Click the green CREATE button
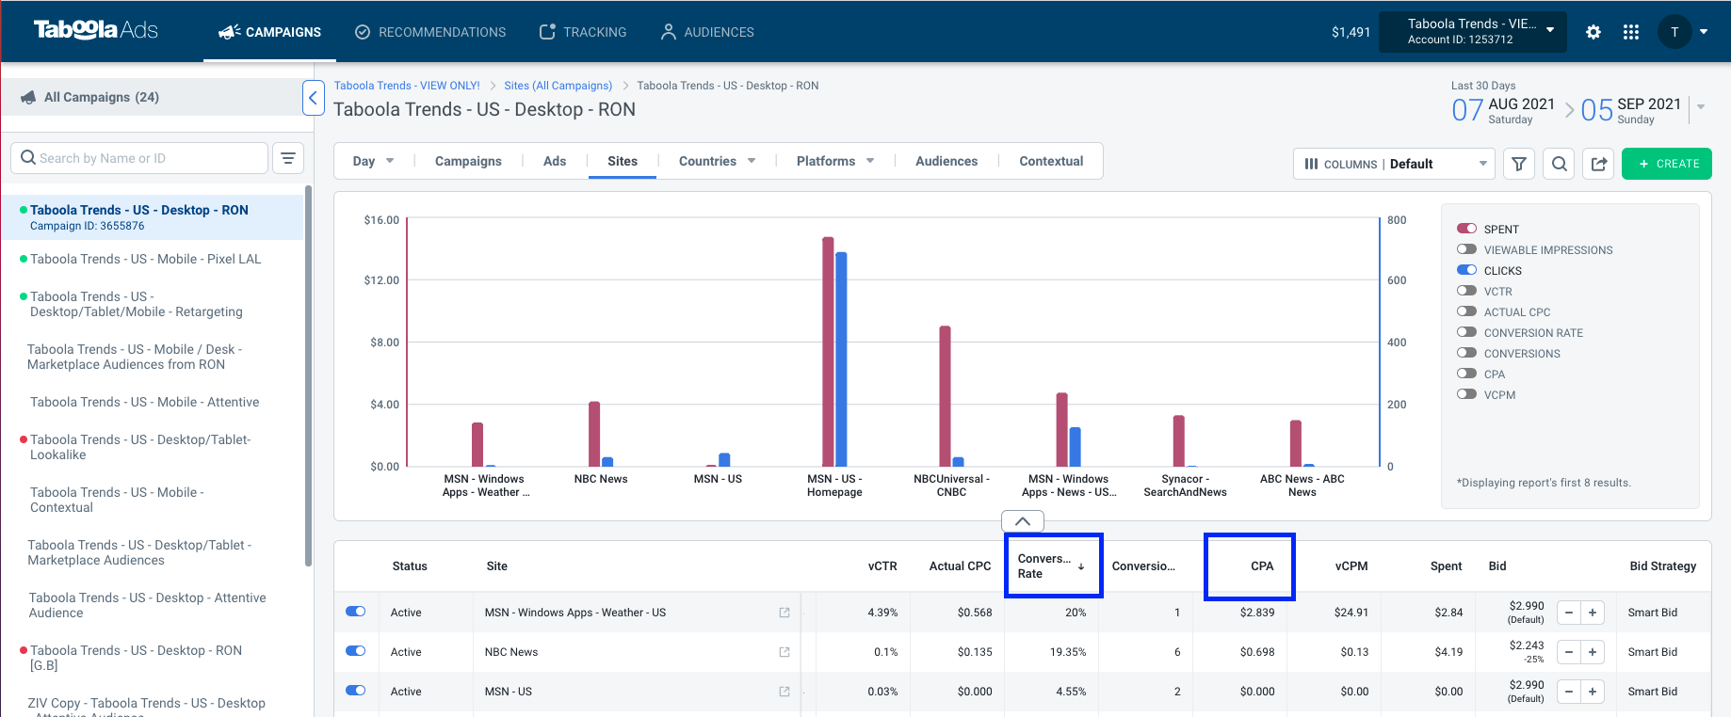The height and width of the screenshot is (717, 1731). point(1666,164)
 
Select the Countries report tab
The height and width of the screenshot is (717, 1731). point(717,161)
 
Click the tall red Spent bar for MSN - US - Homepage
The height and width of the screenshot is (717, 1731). point(828,352)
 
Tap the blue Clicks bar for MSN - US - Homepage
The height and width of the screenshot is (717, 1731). point(841,359)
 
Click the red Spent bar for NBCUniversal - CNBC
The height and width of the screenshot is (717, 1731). point(945,396)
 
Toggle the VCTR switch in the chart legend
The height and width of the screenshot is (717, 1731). point(1466,291)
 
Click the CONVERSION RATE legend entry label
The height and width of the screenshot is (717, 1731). point(1533,333)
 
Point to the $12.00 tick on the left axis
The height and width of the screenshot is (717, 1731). point(381,280)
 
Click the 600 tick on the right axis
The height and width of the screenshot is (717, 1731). point(1397,280)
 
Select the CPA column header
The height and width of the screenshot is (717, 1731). point(1262,566)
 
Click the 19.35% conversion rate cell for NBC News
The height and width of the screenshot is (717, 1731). point(1068,652)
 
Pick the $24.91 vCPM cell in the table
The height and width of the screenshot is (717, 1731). point(1351,613)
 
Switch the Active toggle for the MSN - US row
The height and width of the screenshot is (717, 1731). point(356,691)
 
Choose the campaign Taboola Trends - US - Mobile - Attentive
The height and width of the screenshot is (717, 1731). point(144,402)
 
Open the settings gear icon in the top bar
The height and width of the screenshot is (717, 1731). point(1593,32)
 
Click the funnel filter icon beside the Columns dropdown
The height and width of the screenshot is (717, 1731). point(1519,164)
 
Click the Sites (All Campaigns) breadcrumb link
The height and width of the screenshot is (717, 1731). point(558,86)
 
